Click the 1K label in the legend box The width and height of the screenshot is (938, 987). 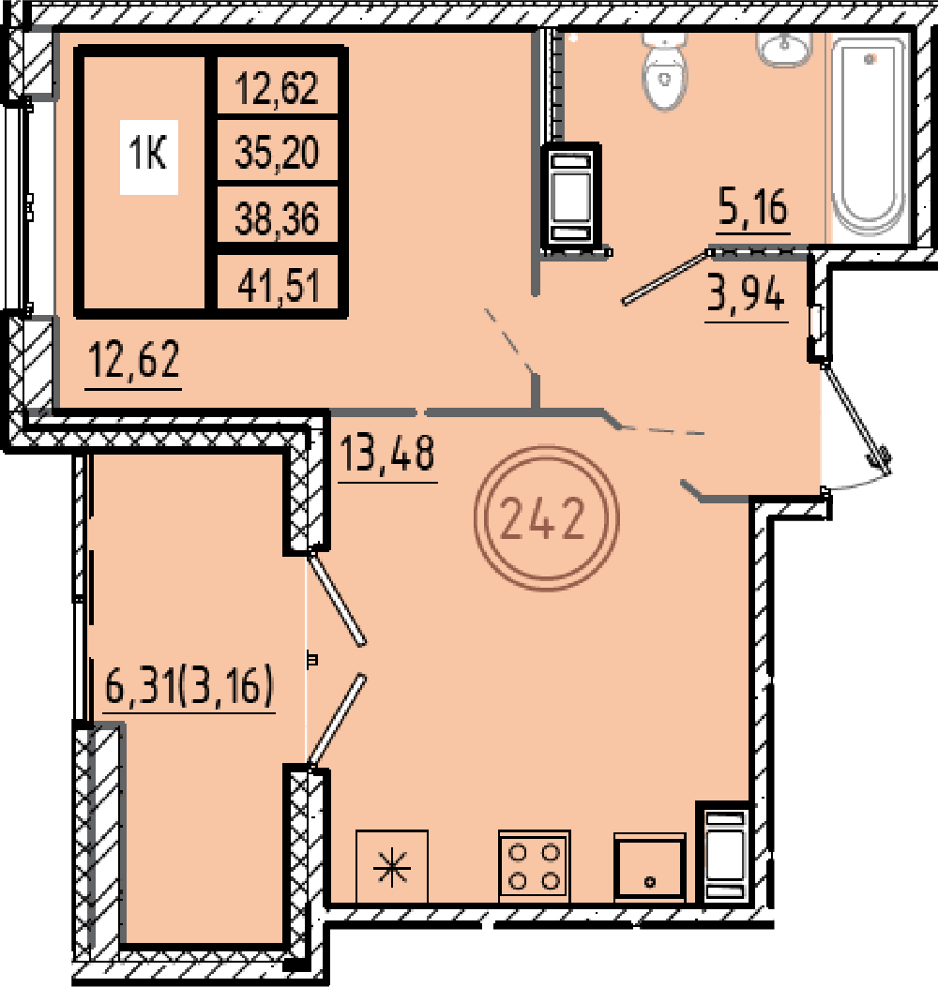(148, 154)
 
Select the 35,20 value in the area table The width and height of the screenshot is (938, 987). (278, 153)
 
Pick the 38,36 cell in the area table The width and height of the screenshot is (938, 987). (278, 218)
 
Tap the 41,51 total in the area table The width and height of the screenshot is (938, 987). (279, 285)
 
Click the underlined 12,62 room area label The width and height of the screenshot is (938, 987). (134, 359)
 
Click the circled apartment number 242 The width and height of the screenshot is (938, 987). (547, 517)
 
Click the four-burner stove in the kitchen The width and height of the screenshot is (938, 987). (535, 866)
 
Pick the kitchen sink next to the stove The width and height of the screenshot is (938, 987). (649, 867)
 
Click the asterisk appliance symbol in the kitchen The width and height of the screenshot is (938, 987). (392, 866)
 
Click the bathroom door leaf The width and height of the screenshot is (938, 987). (666, 277)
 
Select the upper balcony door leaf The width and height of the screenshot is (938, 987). (336, 597)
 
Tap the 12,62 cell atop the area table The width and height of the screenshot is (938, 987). (278, 87)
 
